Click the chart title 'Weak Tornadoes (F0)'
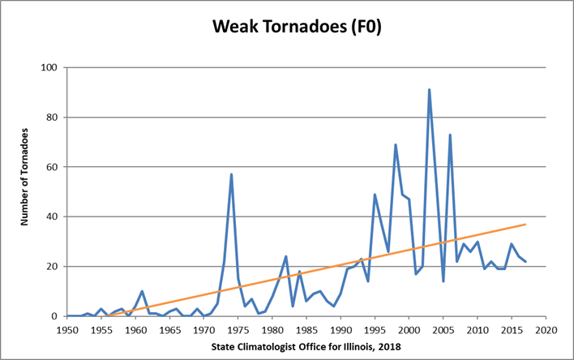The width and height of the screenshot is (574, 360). click(x=286, y=28)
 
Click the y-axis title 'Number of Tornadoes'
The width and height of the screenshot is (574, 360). click(x=26, y=192)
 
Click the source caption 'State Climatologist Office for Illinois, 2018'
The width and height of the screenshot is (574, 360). click(x=306, y=348)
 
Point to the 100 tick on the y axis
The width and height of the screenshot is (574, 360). click(x=50, y=67)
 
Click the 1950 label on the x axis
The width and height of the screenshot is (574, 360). click(x=67, y=330)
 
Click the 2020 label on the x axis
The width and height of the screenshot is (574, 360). click(x=546, y=330)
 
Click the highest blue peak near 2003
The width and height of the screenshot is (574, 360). click(x=430, y=90)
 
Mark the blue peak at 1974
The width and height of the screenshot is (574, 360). click(x=231, y=174)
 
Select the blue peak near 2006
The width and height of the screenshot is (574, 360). click(x=450, y=135)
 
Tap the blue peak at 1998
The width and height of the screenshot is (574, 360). click(x=396, y=144)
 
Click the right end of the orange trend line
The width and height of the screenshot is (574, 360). click(x=525, y=225)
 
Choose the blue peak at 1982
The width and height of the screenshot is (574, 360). click(x=286, y=256)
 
